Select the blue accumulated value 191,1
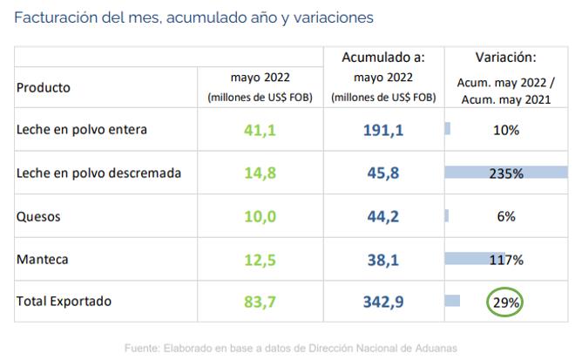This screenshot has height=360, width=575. (x=383, y=130)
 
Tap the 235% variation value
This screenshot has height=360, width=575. (x=505, y=173)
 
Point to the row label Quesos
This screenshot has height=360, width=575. (x=39, y=217)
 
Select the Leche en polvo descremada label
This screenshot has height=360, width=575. (x=98, y=173)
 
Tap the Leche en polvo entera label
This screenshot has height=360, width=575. (x=82, y=130)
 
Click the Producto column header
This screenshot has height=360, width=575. (x=44, y=87)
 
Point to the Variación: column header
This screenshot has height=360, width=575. (x=505, y=58)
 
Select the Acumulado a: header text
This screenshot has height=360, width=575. (x=384, y=58)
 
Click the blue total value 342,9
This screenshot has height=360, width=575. (x=383, y=302)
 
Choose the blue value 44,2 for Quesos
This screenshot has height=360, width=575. (x=383, y=217)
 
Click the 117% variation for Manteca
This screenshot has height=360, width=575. (x=505, y=260)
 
